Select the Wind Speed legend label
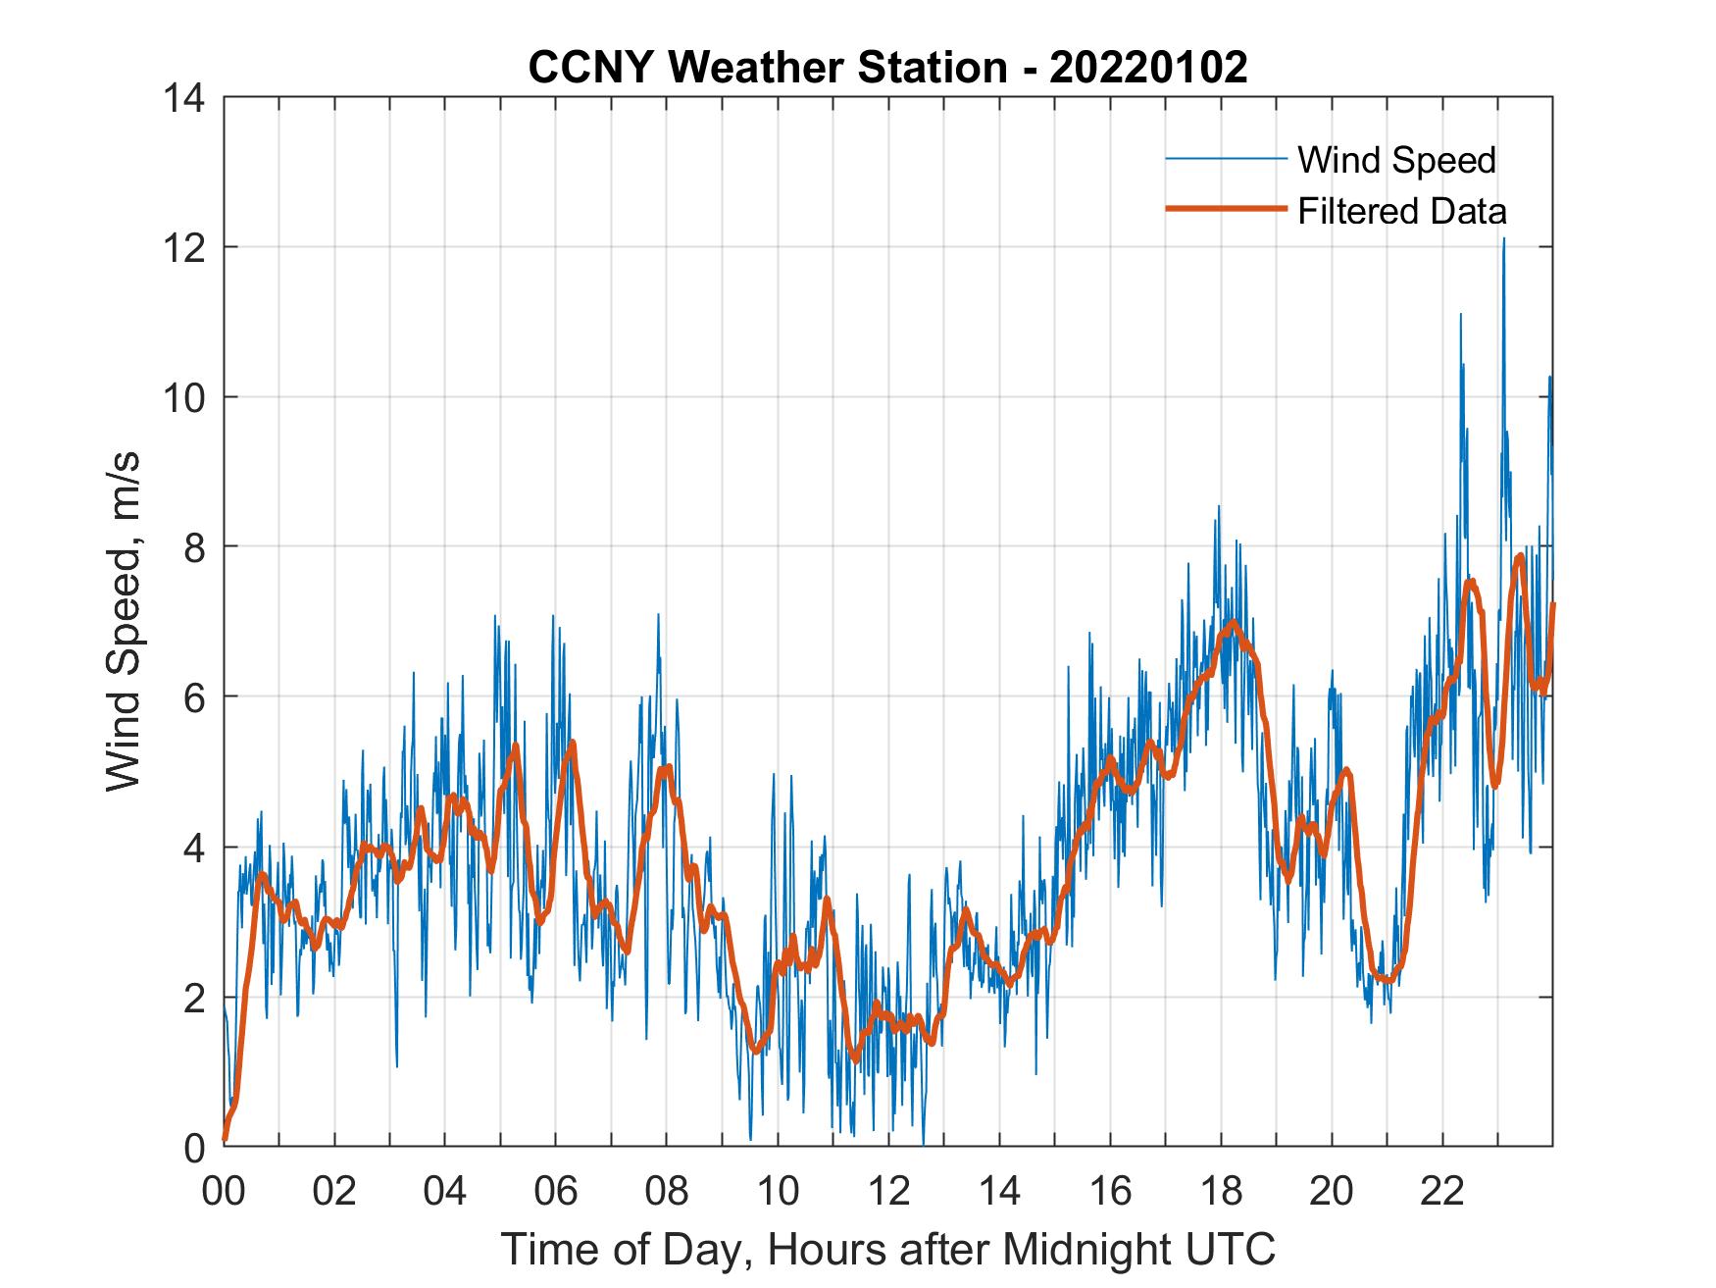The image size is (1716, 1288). point(1396,160)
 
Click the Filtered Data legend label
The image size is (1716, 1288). point(1401,211)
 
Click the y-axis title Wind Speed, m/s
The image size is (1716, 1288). point(125,621)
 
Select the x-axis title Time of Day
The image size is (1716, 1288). point(888,1249)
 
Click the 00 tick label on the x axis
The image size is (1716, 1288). point(224,1191)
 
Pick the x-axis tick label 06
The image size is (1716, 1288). point(556,1191)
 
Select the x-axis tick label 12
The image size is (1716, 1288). point(888,1191)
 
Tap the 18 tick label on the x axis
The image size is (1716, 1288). point(1221,1191)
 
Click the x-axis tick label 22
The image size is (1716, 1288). point(1442,1191)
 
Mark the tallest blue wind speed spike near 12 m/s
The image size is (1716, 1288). point(1503,240)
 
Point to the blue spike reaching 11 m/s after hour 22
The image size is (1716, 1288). point(1461,316)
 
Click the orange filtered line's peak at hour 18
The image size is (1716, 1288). point(1232,622)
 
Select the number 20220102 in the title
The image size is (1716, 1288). point(1148,68)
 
